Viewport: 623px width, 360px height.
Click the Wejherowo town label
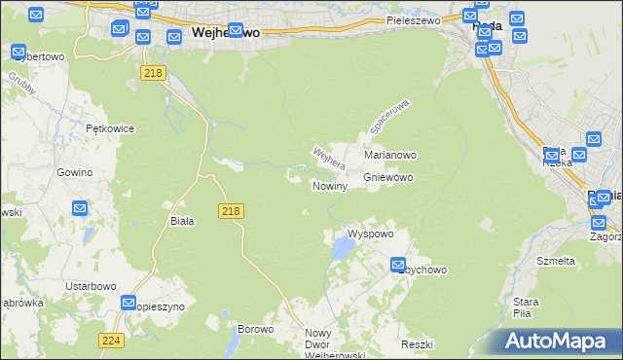pos(226,32)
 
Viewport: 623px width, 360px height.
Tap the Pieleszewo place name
pos(413,19)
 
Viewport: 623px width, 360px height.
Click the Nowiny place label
pos(330,185)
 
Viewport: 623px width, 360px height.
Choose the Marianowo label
pos(390,155)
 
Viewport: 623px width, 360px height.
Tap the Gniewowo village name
pos(388,177)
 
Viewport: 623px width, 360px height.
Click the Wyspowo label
pos(370,234)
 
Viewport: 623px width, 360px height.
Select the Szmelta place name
pos(556,261)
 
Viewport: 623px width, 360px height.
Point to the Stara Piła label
pos(527,306)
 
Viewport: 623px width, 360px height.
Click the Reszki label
pos(416,345)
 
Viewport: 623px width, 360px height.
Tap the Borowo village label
pos(256,329)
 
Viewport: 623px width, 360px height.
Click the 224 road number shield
pos(111,340)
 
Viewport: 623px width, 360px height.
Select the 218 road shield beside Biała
pos(231,210)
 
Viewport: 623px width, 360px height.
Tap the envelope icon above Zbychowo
pos(399,264)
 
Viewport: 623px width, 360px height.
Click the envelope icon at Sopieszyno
pos(129,303)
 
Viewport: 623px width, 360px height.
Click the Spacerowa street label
pos(390,116)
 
